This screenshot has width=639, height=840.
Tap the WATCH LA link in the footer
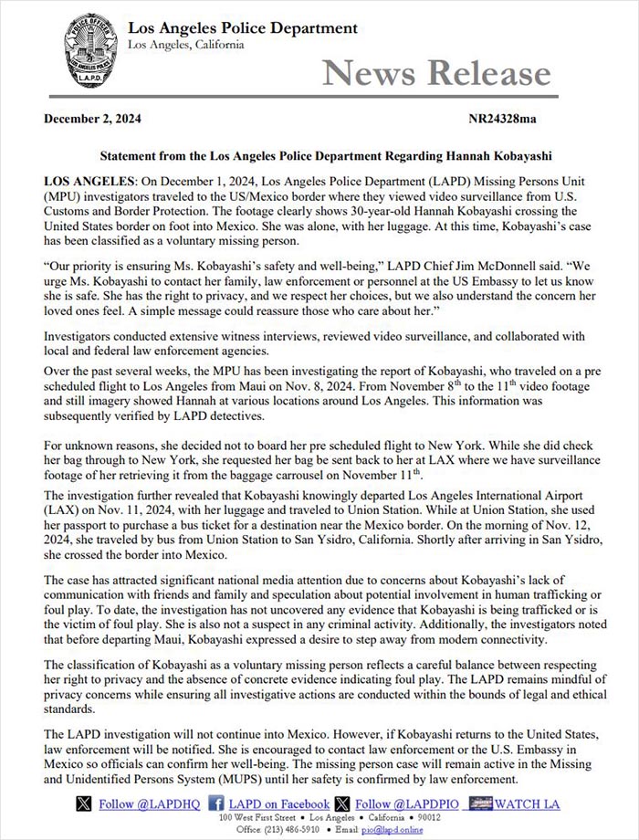point(529,803)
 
